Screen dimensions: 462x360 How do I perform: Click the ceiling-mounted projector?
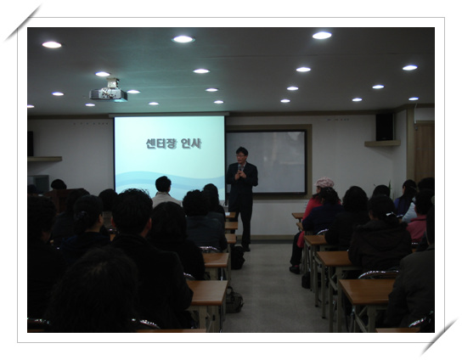[109, 91]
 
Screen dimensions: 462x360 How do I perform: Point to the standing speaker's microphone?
[240, 168]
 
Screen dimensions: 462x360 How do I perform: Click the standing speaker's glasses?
[241, 155]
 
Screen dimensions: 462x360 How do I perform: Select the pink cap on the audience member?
[324, 183]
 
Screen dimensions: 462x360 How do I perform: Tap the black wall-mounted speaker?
[385, 127]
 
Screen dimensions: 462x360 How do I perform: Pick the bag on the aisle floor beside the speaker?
[238, 257]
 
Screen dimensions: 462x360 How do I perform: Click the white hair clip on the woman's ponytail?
[391, 214]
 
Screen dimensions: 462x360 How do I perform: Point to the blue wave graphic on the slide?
[169, 182]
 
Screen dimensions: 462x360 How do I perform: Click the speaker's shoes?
[246, 248]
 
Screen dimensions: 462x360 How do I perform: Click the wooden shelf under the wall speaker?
[382, 143]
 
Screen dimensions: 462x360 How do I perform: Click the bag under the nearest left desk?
[234, 300]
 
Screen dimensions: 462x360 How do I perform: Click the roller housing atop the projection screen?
[169, 115]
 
